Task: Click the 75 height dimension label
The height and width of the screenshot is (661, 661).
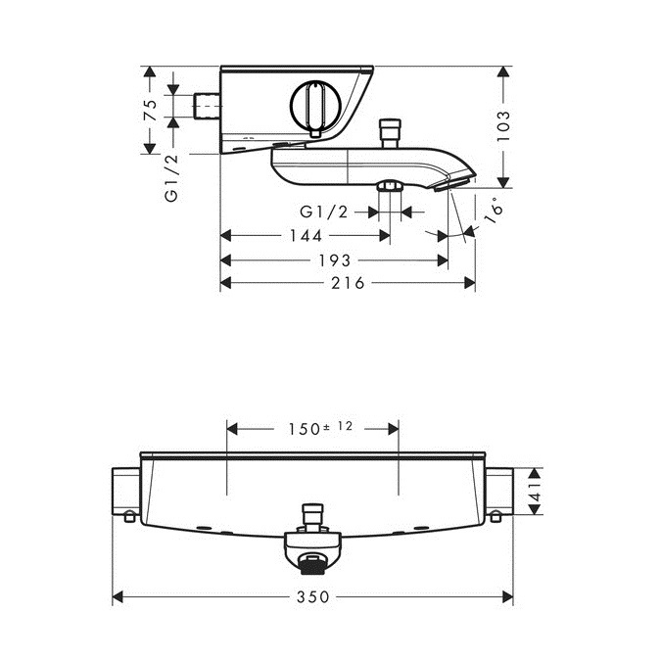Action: tap(151, 111)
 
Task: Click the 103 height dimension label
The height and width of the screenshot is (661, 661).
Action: tap(503, 126)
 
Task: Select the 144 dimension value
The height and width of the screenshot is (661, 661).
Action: tap(306, 236)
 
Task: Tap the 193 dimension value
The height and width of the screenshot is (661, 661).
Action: tap(335, 260)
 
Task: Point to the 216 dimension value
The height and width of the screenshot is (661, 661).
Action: tap(348, 283)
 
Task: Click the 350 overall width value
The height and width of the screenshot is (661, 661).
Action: tap(312, 597)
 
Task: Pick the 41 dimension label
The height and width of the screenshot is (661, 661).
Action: tap(536, 492)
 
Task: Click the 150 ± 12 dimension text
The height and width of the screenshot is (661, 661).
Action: tap(320, 428)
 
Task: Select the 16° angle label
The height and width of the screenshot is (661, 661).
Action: tap(494, 211)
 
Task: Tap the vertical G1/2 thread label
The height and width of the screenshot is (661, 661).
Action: tap(171, 178)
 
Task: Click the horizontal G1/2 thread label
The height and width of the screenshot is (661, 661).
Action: tap(324, 212)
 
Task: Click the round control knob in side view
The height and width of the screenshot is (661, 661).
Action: tap(315, 105)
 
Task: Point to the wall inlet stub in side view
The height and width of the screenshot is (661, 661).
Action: tap(207, 106)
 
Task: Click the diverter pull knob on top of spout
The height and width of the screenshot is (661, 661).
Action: tap(390, 133)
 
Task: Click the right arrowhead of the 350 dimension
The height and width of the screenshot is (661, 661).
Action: tap(508, 597)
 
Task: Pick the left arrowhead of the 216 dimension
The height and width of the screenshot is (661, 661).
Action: tap(226, 283)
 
